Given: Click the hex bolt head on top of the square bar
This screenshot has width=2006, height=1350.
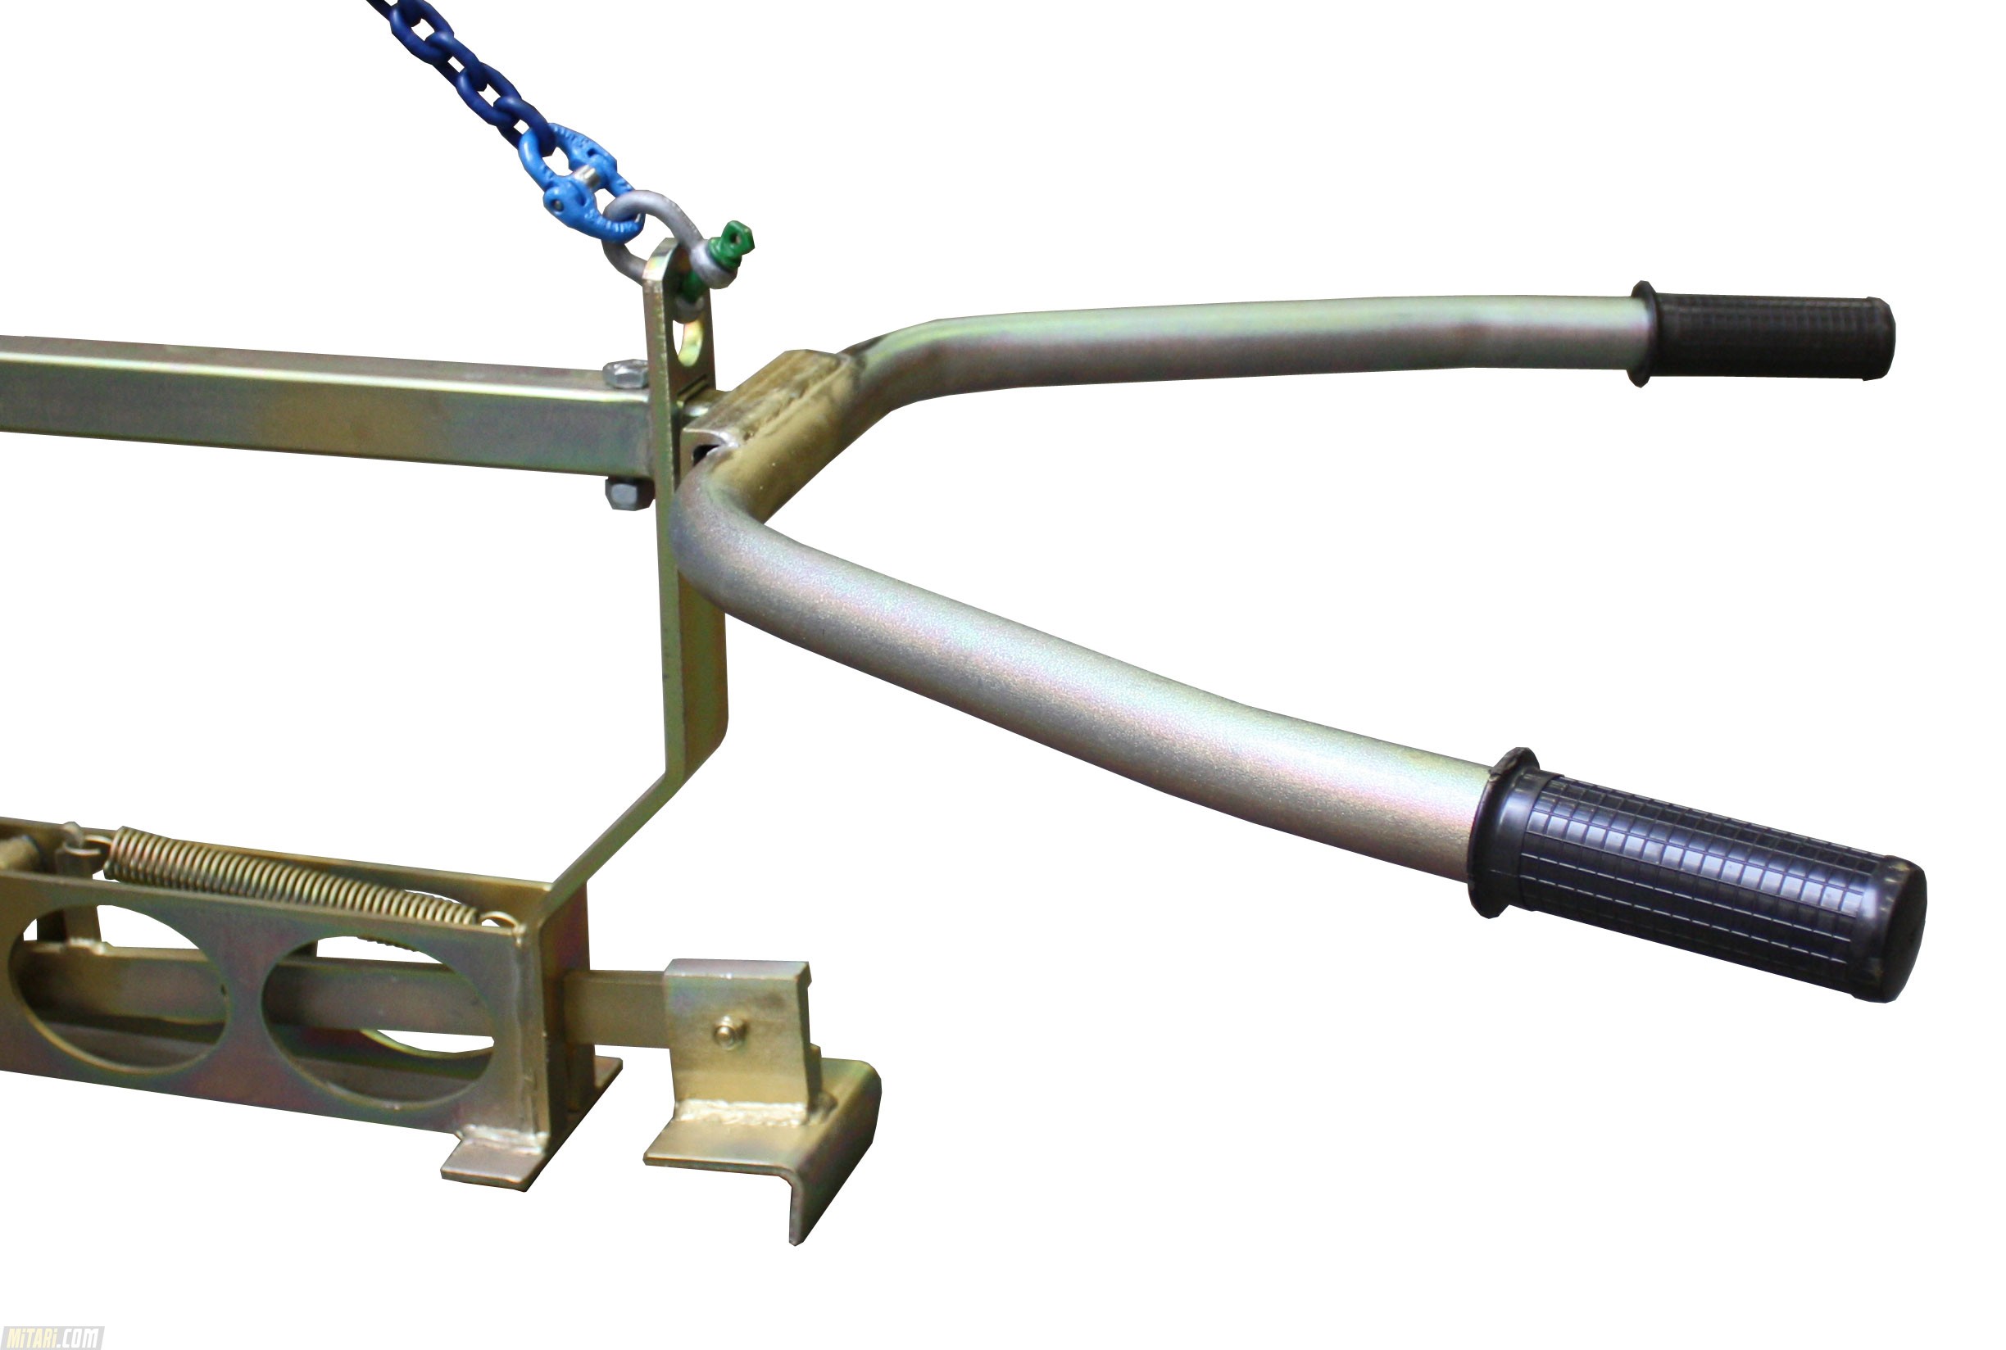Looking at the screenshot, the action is [625, 374].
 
